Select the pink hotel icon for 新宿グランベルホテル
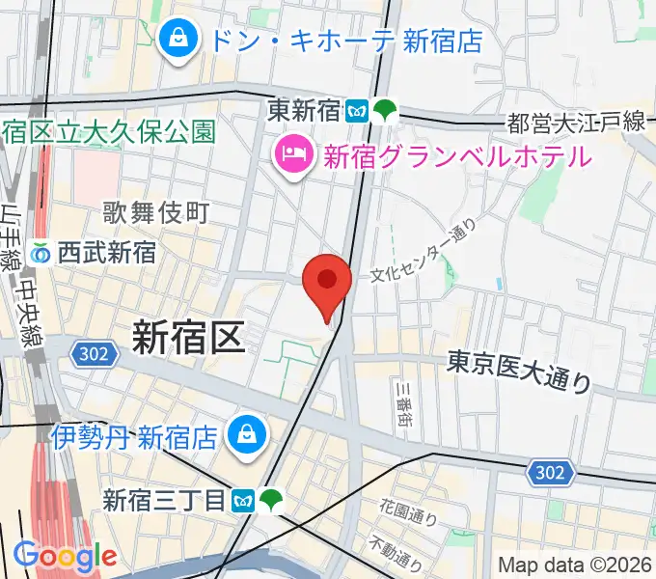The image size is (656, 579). (291, 153)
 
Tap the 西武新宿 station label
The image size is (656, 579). (106, 253)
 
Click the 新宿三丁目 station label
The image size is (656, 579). (164, 500)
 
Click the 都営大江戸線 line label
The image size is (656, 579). (575, 122)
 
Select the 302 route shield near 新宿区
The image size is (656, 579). (94, 355)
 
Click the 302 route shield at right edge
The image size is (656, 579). (551, 473)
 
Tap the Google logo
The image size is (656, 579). (64, 557)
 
